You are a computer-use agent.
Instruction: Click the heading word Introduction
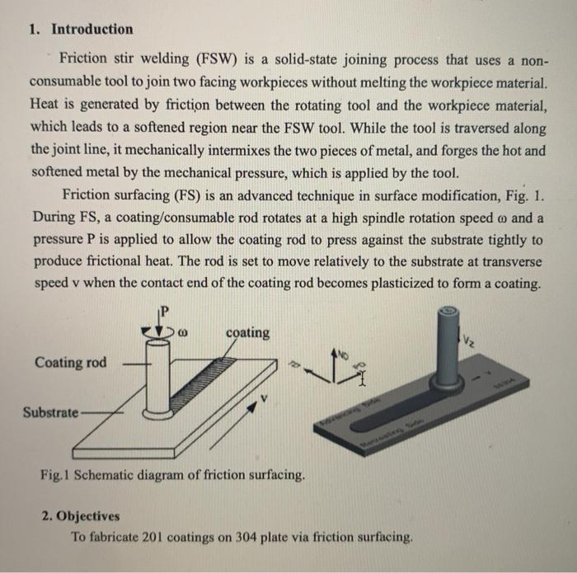[91, 30]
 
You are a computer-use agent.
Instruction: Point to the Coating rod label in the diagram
[70, 363]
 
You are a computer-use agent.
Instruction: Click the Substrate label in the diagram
[50, 411]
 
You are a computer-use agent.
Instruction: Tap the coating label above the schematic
[247, 332]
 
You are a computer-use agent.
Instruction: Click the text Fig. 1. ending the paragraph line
[526, 196]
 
